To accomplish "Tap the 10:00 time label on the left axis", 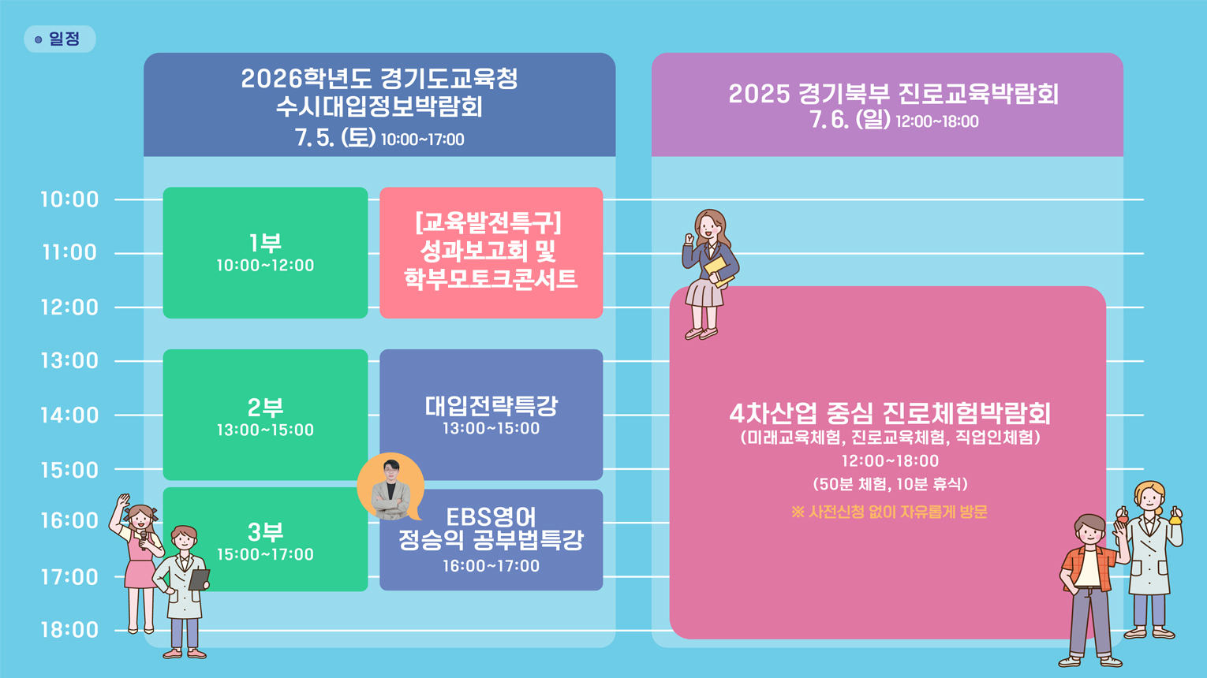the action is pos(69,199).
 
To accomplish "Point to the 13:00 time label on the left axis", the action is pos(69,361).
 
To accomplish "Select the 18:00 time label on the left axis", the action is pos(69,630).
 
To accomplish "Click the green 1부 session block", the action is pos(265,252).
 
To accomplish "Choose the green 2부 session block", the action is pos(265,415).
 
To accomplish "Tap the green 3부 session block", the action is pos(265,539).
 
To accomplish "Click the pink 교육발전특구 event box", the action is pos(491,252).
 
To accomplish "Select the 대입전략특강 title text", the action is pos(491,406).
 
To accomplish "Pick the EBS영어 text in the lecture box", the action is pos(491,517).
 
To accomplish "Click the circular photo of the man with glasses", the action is pos(390,487).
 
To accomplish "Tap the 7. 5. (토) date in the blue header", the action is pos(334,138).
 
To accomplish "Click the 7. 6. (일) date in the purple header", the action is pos(850,120).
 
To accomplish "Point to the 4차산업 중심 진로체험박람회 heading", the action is pos(890,414).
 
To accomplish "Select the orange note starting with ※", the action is pos(890,512).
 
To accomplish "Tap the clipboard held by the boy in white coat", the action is pos(199,579).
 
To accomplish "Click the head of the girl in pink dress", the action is pos(140,517).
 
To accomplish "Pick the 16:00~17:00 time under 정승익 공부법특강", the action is pos(491,566).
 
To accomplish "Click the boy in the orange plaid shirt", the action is pos(1091,590).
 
